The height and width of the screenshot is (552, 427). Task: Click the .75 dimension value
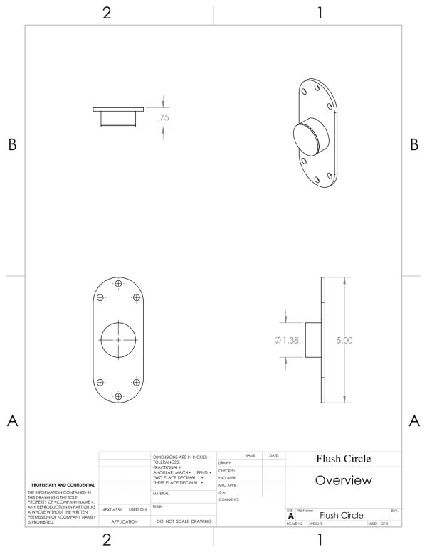pos(163,118)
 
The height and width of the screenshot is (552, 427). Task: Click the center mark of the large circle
pos(118,340)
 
